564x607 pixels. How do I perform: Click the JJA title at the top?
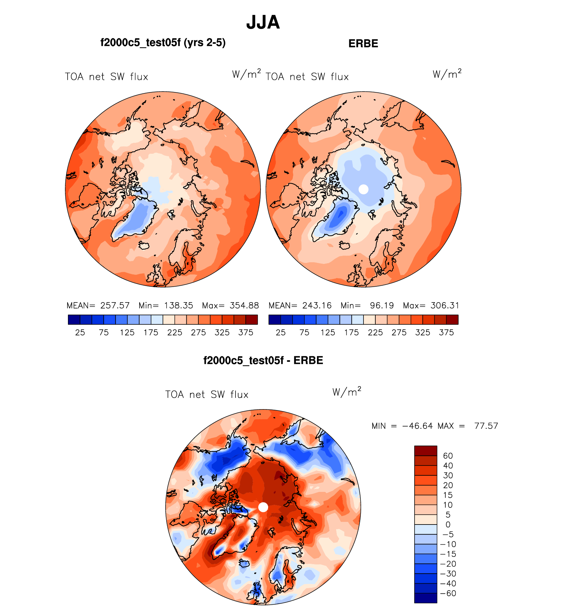click(x=263, y=22)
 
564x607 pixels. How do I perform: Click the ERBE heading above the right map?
click(x=363, y=44)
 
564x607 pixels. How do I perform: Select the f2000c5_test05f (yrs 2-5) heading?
click(x=163, y=43)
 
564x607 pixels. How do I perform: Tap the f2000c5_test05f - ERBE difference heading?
click(x=263, y=360)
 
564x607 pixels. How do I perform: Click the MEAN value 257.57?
click(x=115, y=305)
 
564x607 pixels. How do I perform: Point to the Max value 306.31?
click(x=445, y=305)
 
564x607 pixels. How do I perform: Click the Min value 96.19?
click(x=382, y=305)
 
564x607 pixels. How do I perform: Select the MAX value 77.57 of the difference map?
click(x=486, y=426)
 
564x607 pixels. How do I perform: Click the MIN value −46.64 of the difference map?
click(x=418, y=426)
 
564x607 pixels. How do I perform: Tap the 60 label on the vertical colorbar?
click(x=448, y=456)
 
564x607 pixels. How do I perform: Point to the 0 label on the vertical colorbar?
click(x=448, y=525)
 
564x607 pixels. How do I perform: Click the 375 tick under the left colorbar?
click(x=246, y=333)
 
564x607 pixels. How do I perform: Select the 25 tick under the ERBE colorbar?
click(x=281, y=333)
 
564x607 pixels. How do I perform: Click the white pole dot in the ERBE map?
click(x=363, y=189)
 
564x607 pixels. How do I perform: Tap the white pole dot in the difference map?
click(x=263, y=507)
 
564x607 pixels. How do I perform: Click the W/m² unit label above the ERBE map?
click(x=447, y=74)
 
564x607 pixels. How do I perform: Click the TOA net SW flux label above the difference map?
click(x=207, y=395)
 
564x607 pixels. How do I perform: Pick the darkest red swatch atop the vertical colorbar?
click(x=425, y=451)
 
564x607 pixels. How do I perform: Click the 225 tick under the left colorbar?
click(x=174, y=333)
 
